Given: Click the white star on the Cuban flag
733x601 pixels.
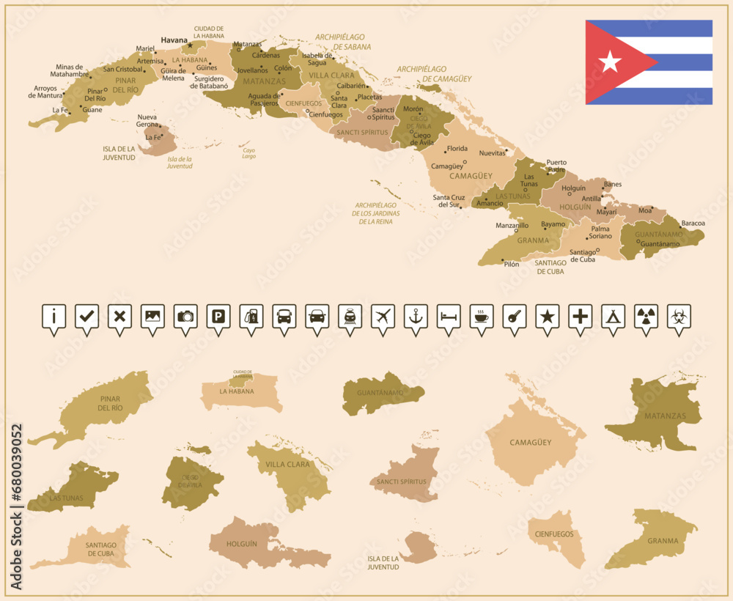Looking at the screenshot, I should pos(610,62).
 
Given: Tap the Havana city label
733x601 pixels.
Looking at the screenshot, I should pos(174,40).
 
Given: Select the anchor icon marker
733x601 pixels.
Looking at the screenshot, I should pos(416,317).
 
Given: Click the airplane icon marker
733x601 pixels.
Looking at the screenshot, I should pos(383,317).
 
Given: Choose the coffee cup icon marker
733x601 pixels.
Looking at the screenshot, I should pos(482,317).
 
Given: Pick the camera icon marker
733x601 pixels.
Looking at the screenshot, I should pos(185,317).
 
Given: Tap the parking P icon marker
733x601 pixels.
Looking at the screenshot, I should pos(218,317).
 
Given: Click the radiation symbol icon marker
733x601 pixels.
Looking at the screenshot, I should pos(646,317).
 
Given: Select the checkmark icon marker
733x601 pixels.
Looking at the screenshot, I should pos(87,317).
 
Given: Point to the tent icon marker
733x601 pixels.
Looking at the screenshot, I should pos(613,317).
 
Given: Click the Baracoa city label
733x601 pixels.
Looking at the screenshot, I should pos(693,223).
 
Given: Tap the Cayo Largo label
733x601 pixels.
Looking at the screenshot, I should pos(249,152).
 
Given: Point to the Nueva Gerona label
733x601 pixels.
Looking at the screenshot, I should pos(147,121).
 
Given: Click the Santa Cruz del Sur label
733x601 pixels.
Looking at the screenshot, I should pos(449,201).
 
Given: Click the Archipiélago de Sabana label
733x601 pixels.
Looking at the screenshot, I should pos(342,41).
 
